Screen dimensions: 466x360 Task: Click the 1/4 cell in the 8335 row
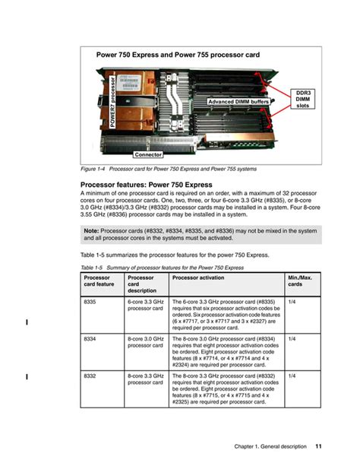point(292,303)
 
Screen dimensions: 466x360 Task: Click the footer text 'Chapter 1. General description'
point(270,445)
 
